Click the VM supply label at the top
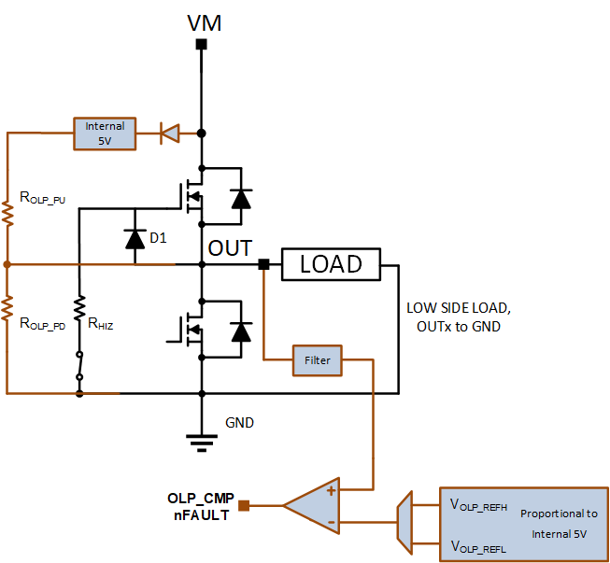pyautogui.click(x=205, y=23)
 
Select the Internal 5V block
pyautogui.click(x=105, y=134)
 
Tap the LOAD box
pyautogui.click(x=331, y=264)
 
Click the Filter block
pyautogui.click(x=317, y=360)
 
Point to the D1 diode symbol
pyautogui.click(x=135, y=239)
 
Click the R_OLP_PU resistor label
pyautogui.click(x=42, y=198)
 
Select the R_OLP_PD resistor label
pyautogui.click(x=42, y=323)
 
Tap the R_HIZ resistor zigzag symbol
pyautogui.click(x=79, y=308)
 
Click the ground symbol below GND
pyautogui.click(x=202, y=443)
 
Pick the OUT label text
pyautogui.click(x=230, y=248)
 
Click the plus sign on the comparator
pyautogui.click(x=331, y=491)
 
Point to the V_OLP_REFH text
pyautogui.click(x=478, y=505)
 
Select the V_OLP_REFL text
pyautogui.click(x=478, y=547)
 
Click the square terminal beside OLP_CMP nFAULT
pyautogui.click(x=244, y=505)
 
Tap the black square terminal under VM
pyautogui.click(x=201, y=44)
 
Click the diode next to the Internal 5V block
pyautogui.click(x=170, y=134)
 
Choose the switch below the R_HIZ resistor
pyautogui.click(x=79, y=366)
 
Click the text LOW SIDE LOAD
pyautogui.click(x=459, y=308)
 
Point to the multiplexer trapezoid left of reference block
pyautogui.click(x=404, y=522)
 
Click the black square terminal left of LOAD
pyautogui.click(x=263, y=264)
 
